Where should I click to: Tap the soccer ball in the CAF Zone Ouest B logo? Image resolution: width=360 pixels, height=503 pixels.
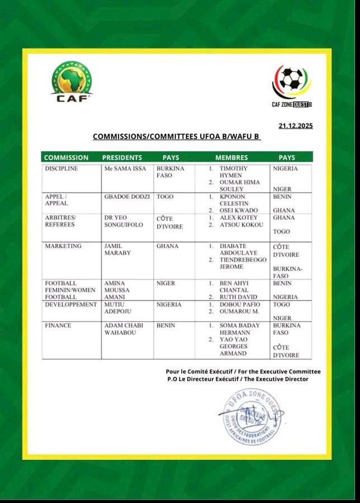(290, 79)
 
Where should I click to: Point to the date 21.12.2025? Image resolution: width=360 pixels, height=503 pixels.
(295, 126)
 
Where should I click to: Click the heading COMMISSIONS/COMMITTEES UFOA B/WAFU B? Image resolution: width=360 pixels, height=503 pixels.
(177, 136)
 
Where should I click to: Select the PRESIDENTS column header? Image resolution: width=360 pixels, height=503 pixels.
(122, 158)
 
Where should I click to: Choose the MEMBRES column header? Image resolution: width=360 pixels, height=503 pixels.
(231, 158)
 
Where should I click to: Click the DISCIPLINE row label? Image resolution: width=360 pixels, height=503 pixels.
(61, 168)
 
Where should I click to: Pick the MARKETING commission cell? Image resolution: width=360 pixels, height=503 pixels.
(63, 245)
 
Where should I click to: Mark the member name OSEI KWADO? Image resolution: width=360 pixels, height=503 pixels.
(239, 210)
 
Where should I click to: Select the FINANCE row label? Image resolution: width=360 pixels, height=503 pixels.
(58, 325)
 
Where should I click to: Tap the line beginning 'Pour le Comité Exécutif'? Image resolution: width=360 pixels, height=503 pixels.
(243, 372)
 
